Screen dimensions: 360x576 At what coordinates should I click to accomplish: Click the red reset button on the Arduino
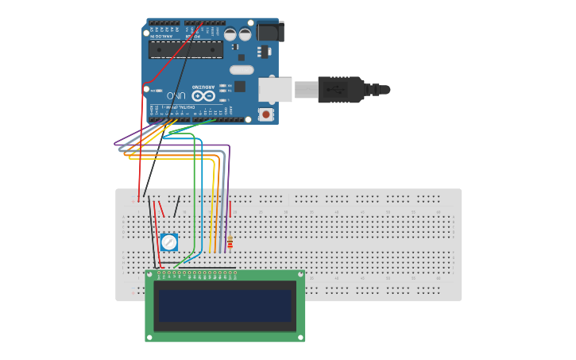click(x=265, y=114)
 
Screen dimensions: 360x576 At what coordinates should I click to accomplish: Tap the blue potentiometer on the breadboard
click(x=168, y=242)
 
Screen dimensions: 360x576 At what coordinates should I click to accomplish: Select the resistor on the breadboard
click(x=230, y=242)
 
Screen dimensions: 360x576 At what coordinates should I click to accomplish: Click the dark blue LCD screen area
click(x=225, y=306)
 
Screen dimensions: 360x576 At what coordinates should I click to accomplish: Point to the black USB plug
click(x=342, y=89)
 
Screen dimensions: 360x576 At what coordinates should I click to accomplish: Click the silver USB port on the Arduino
click(x=275, y=89)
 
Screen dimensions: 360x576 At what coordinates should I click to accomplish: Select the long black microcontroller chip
click(x=186, y=49)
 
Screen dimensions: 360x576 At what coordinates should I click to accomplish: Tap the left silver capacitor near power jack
click(x=230, y=34)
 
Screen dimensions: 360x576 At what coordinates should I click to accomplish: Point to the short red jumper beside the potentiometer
click(x=161, y=209)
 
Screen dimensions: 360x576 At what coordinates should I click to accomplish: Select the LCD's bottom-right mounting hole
click(x=300, y=337)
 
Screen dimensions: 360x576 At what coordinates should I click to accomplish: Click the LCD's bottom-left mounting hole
click(x=149, y=337)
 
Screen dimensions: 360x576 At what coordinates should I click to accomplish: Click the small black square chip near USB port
click(x=239, y=86)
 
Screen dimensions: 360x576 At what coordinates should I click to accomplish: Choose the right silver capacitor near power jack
click(x=245, y=34)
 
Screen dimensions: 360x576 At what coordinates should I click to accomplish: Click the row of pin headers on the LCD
click(x=196, y=275)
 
